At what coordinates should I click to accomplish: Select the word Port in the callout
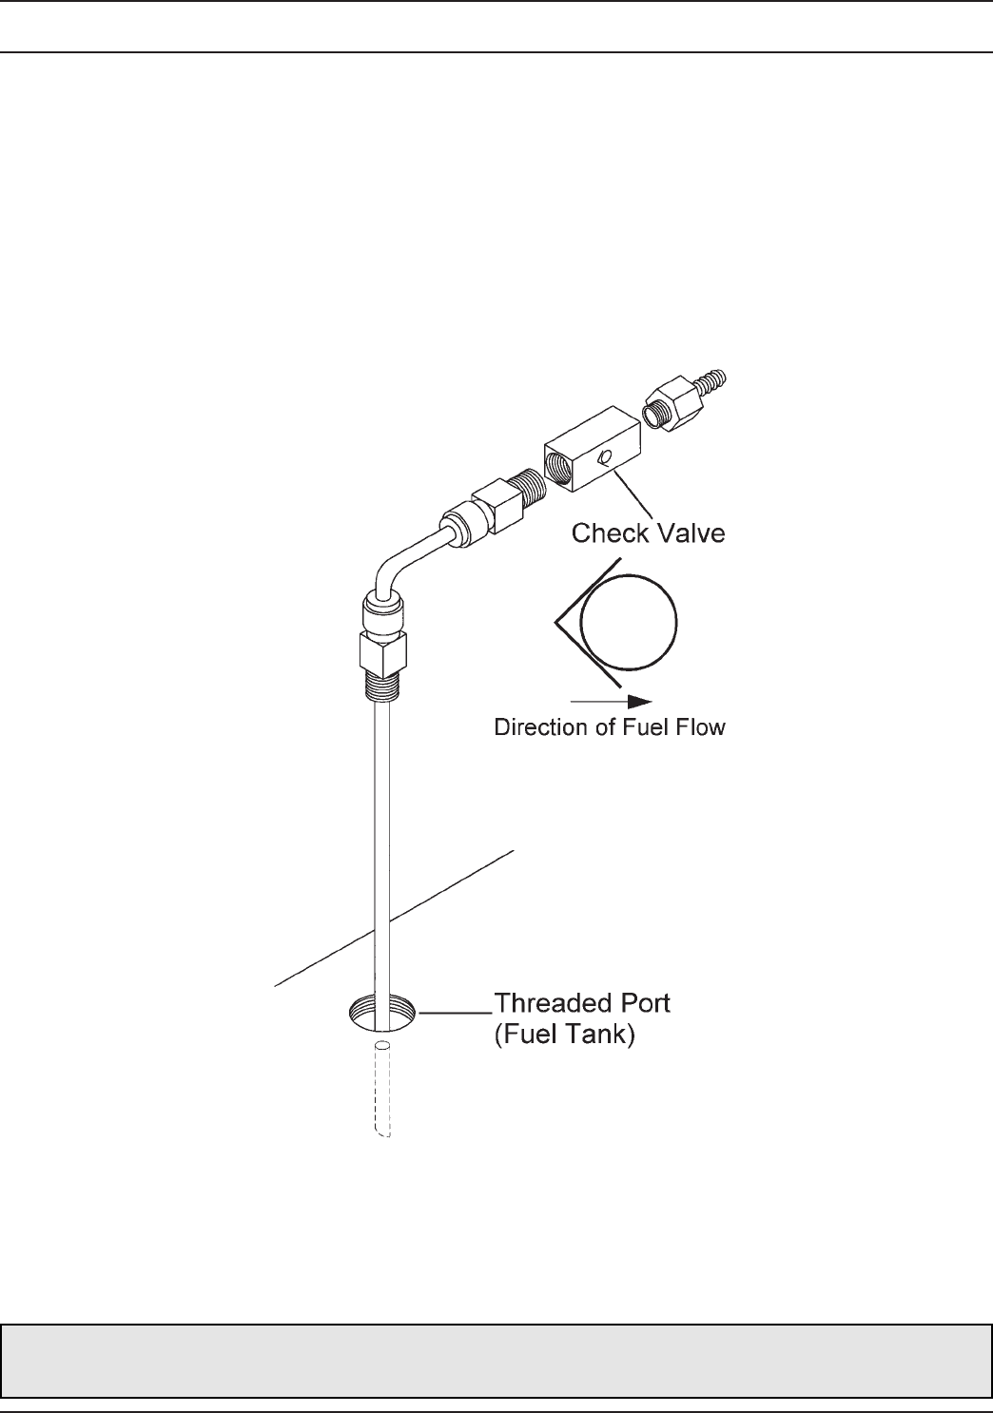pyautogui.click(x=641, y=1004)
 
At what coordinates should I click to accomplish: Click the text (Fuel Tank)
pyautogui.click(x=564, y=1035)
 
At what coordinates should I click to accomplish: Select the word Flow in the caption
pyautogui.click(x=700, y=728)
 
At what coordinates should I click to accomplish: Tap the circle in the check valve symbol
pyautogui.click(x=629, y=623)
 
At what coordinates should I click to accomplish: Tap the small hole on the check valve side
pyautogui.click(x=602, y=459)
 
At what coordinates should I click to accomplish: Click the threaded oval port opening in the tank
pyautogui.click(x=383, y=1012)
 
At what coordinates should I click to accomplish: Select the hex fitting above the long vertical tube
pyautogui.click(x=383, y=653)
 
